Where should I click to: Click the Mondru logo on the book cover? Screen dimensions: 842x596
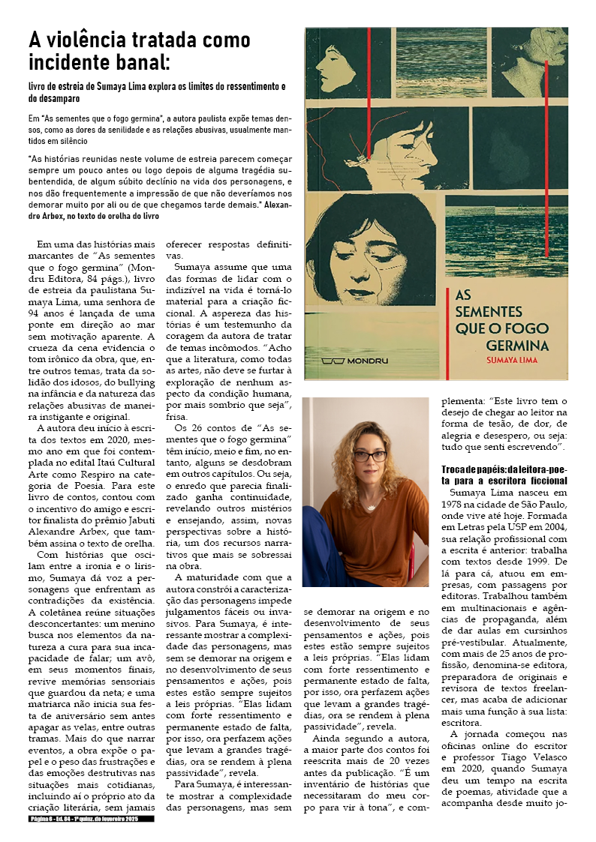click(356, 360)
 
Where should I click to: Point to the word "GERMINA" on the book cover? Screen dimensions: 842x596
click(517, 346)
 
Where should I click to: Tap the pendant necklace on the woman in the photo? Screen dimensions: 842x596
click(370, 507)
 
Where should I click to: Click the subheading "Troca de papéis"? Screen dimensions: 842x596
click(475, 469)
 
